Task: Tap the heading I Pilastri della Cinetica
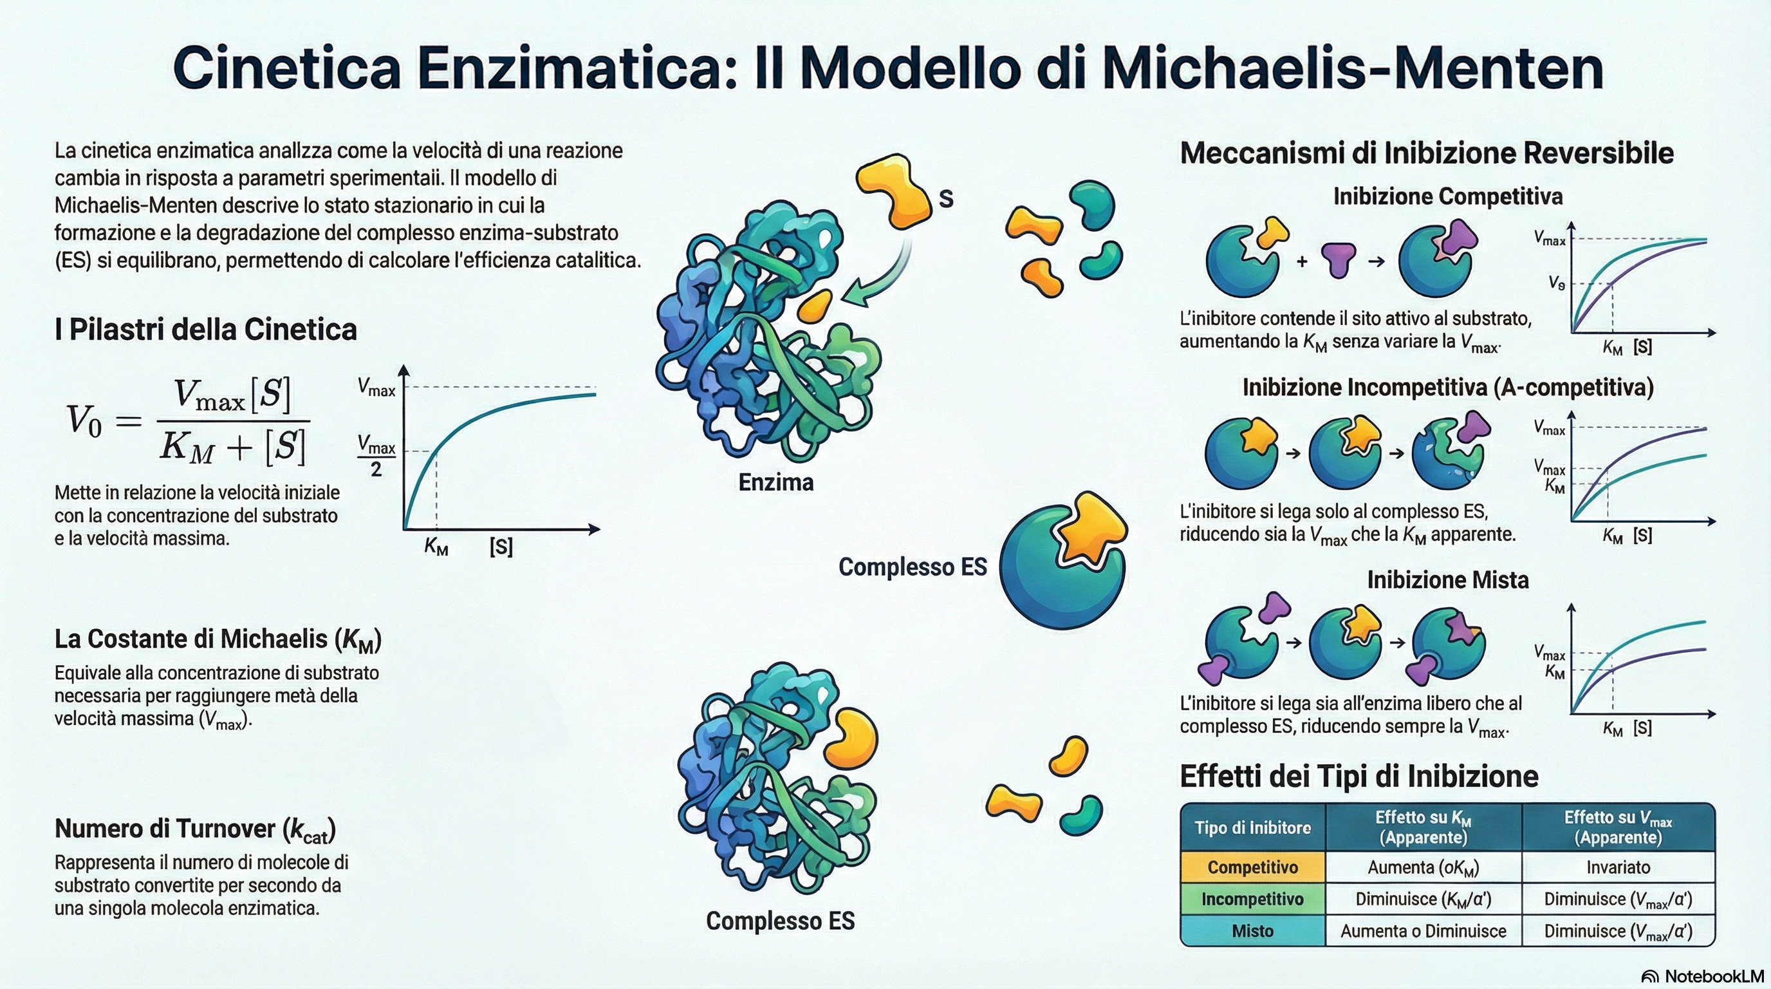[x=205, y=330]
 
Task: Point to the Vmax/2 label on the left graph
[x=376, y=455]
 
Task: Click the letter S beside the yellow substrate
[x=946, y=199]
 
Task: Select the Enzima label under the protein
[x=775, y=482]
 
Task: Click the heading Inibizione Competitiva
[x=1448, y=196]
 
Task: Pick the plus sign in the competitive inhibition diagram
[x=1301, y=261]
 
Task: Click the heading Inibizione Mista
[x=1448, y=579]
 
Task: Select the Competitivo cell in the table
[x=1252, y=867]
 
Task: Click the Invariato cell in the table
[x=1618, y=867]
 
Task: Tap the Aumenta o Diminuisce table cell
[x=1423, y=931]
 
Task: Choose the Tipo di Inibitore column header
[x=1252, y=827]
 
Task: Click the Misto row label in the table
[x=1252, y=931]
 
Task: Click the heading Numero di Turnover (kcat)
[x=195, y=829]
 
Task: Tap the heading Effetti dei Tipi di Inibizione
[x=1358, y=777]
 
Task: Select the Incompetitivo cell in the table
[x=1252, y=900]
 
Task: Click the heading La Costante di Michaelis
[x=218, y=639]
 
